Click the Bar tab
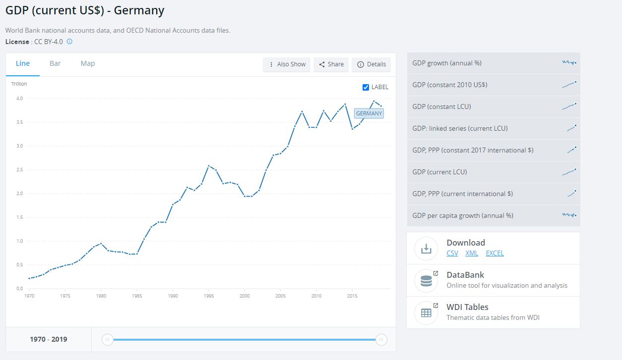pyautogui.click(x=55, y=63)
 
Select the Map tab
pyautogui.click(x=88, y=63)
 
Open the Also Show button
pyautogui.click(x=287, y=64)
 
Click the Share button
pyautogui.click(x=331, y=64)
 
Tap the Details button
pyautogui.click(x=372, y=64)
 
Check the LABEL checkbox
pyautogui.click(x=366, y=87)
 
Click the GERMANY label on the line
pyautogui.click(x=369, y=113)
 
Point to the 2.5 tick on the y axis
pyautogui.click(x=19, y=170)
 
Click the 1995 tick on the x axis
pyautogui.click(x=209, y=296)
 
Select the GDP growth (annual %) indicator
pyautogui.click(x=494, y=63)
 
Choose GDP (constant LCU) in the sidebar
pyautogui.click(x=494, y=106)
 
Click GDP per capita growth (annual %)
pyautogui.click(x=494, y=215)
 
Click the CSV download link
pyautogui.click(x=452, y=253)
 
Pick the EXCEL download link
pyautogui.click(x=495, y=253)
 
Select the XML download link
pyautogui.click(x=472, y=253)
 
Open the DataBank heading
pyautogui.click(x=465, y=275)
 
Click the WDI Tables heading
pyautogui.click(x=467, y=307)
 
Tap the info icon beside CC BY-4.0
pyautogui.click(x=69, y=42)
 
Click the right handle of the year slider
pyautogui.click(x=381, y=339)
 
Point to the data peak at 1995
pyautogui.click(x=209, y=166)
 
